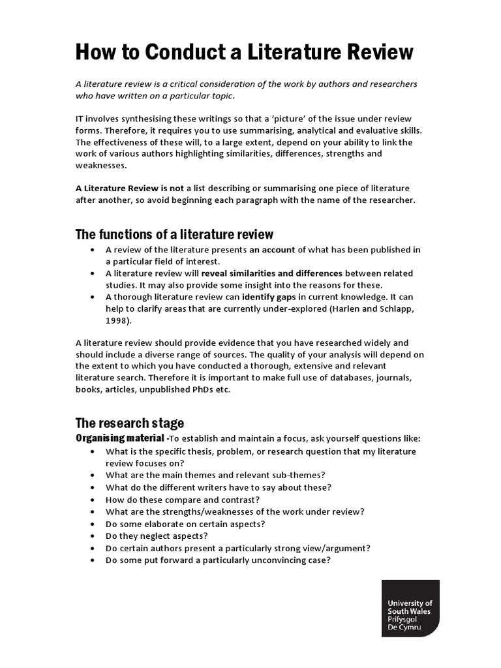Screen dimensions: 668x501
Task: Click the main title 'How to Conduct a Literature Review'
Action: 244,52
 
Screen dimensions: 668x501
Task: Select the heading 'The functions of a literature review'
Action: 174,234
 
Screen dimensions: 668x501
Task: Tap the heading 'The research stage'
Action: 130,423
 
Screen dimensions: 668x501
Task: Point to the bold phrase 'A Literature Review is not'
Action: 129,188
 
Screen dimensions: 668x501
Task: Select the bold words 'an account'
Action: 272,249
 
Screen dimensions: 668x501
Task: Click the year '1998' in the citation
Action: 115,320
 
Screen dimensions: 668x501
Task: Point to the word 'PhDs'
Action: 194,389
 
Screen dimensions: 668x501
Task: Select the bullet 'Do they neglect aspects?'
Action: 156,536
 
